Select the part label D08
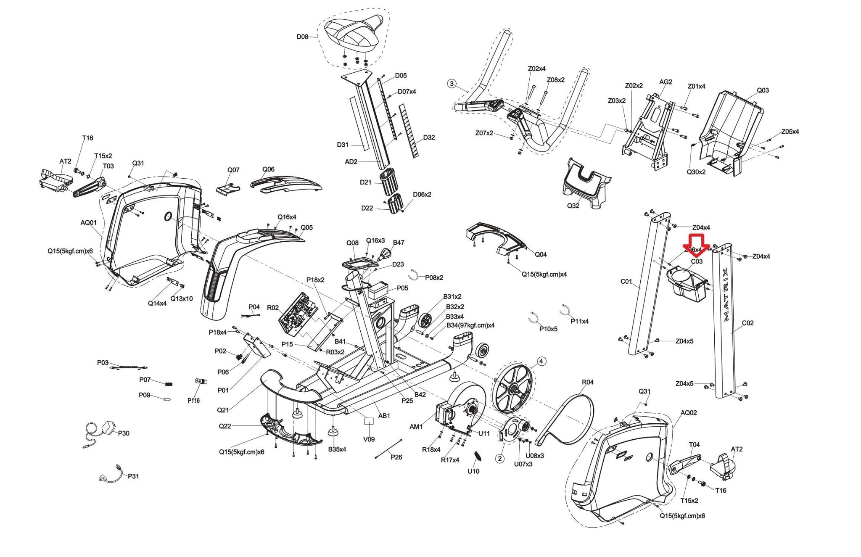pyautogui.click(x=302, y=37)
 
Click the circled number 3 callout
pyautogui.click(x=452, y=84)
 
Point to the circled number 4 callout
pyautogui.click(x=541, y=361)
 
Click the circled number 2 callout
pyautogui.click(x=499, y=458)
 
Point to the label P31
pyautogui.click(x=133, y=476)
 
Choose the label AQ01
pyautogui.click(x=89, y=222)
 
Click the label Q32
pyautogui.click(x=573, y=206)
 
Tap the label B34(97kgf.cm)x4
pyautogui.click(x=470, y=325)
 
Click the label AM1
pyautogui.click(x=416, y=427)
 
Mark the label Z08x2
pyautogui.click(x=555, y=80)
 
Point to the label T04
pyautogui.click(x=694, y=444)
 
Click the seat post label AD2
pyautogui.click(x=351, y=161)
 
